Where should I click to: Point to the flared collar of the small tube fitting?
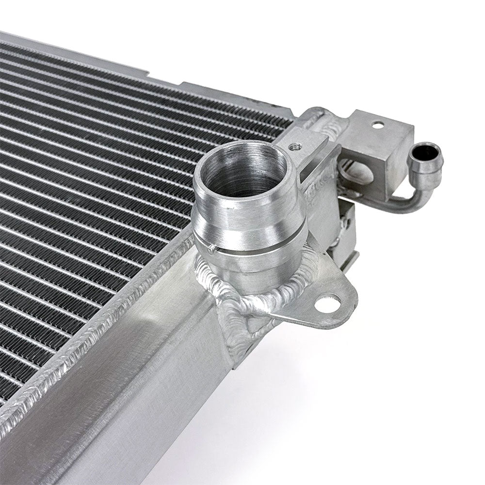(x=426, y=162)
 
